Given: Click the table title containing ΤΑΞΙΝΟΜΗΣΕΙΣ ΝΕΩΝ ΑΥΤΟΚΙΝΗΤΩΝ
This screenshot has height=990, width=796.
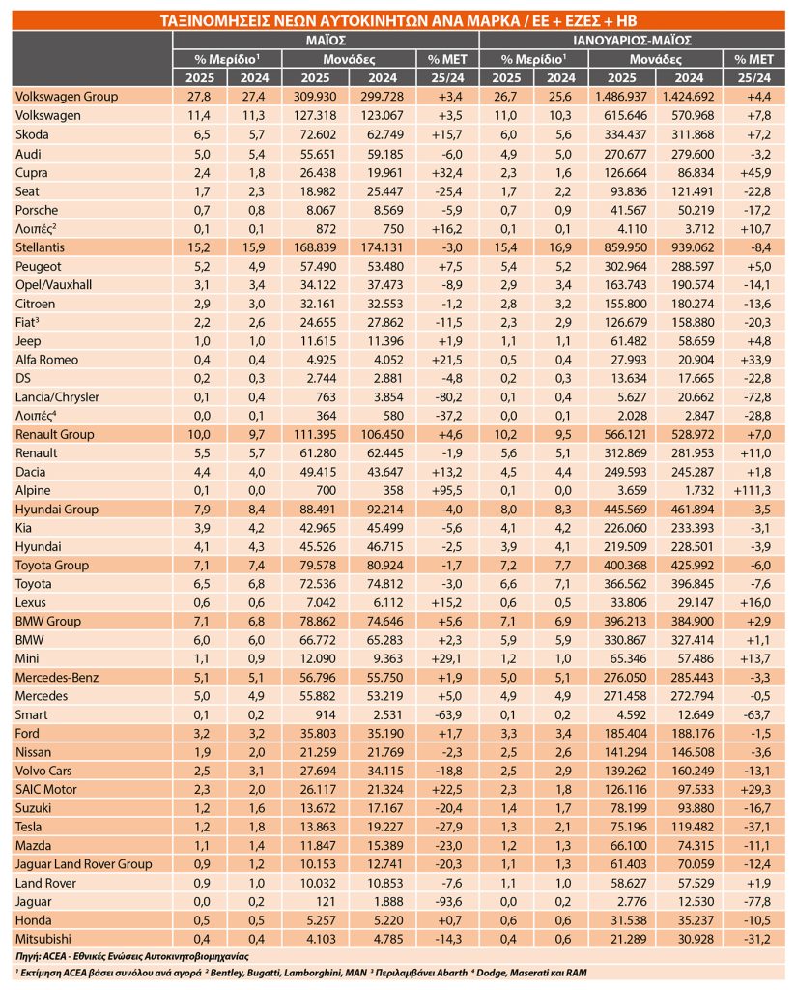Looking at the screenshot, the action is click(398, 21).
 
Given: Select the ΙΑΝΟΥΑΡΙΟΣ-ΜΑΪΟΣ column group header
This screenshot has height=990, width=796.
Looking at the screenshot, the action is click(632, 41).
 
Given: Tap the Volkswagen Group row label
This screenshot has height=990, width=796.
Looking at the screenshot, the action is click(67, 97).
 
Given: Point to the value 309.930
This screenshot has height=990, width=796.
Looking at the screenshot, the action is click(315, 97).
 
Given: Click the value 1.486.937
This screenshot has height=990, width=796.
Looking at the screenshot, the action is click(621, 97).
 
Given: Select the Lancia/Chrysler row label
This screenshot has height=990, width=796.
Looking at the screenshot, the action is click(57, 397).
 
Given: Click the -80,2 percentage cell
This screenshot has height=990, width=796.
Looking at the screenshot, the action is click(448, 397).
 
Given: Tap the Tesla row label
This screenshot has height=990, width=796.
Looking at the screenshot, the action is click(28, 827).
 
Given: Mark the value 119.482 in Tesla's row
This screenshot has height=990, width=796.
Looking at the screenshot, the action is click(693, 827).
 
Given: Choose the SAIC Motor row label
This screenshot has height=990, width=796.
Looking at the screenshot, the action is click(46, 789).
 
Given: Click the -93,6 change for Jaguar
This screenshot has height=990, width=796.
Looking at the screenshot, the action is click(448, 902).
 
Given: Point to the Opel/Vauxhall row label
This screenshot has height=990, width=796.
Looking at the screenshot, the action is click(53, 285).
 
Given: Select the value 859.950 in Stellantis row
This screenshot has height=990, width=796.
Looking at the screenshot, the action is click(625, 247).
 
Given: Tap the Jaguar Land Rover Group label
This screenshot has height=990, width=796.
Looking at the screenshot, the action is click(84, 864).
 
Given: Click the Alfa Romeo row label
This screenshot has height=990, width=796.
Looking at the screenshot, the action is click(46, 360).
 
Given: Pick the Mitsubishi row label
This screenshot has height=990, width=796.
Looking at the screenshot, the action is click(43, 939).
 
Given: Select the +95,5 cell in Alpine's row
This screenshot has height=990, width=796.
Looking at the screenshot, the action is click(448, 490).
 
